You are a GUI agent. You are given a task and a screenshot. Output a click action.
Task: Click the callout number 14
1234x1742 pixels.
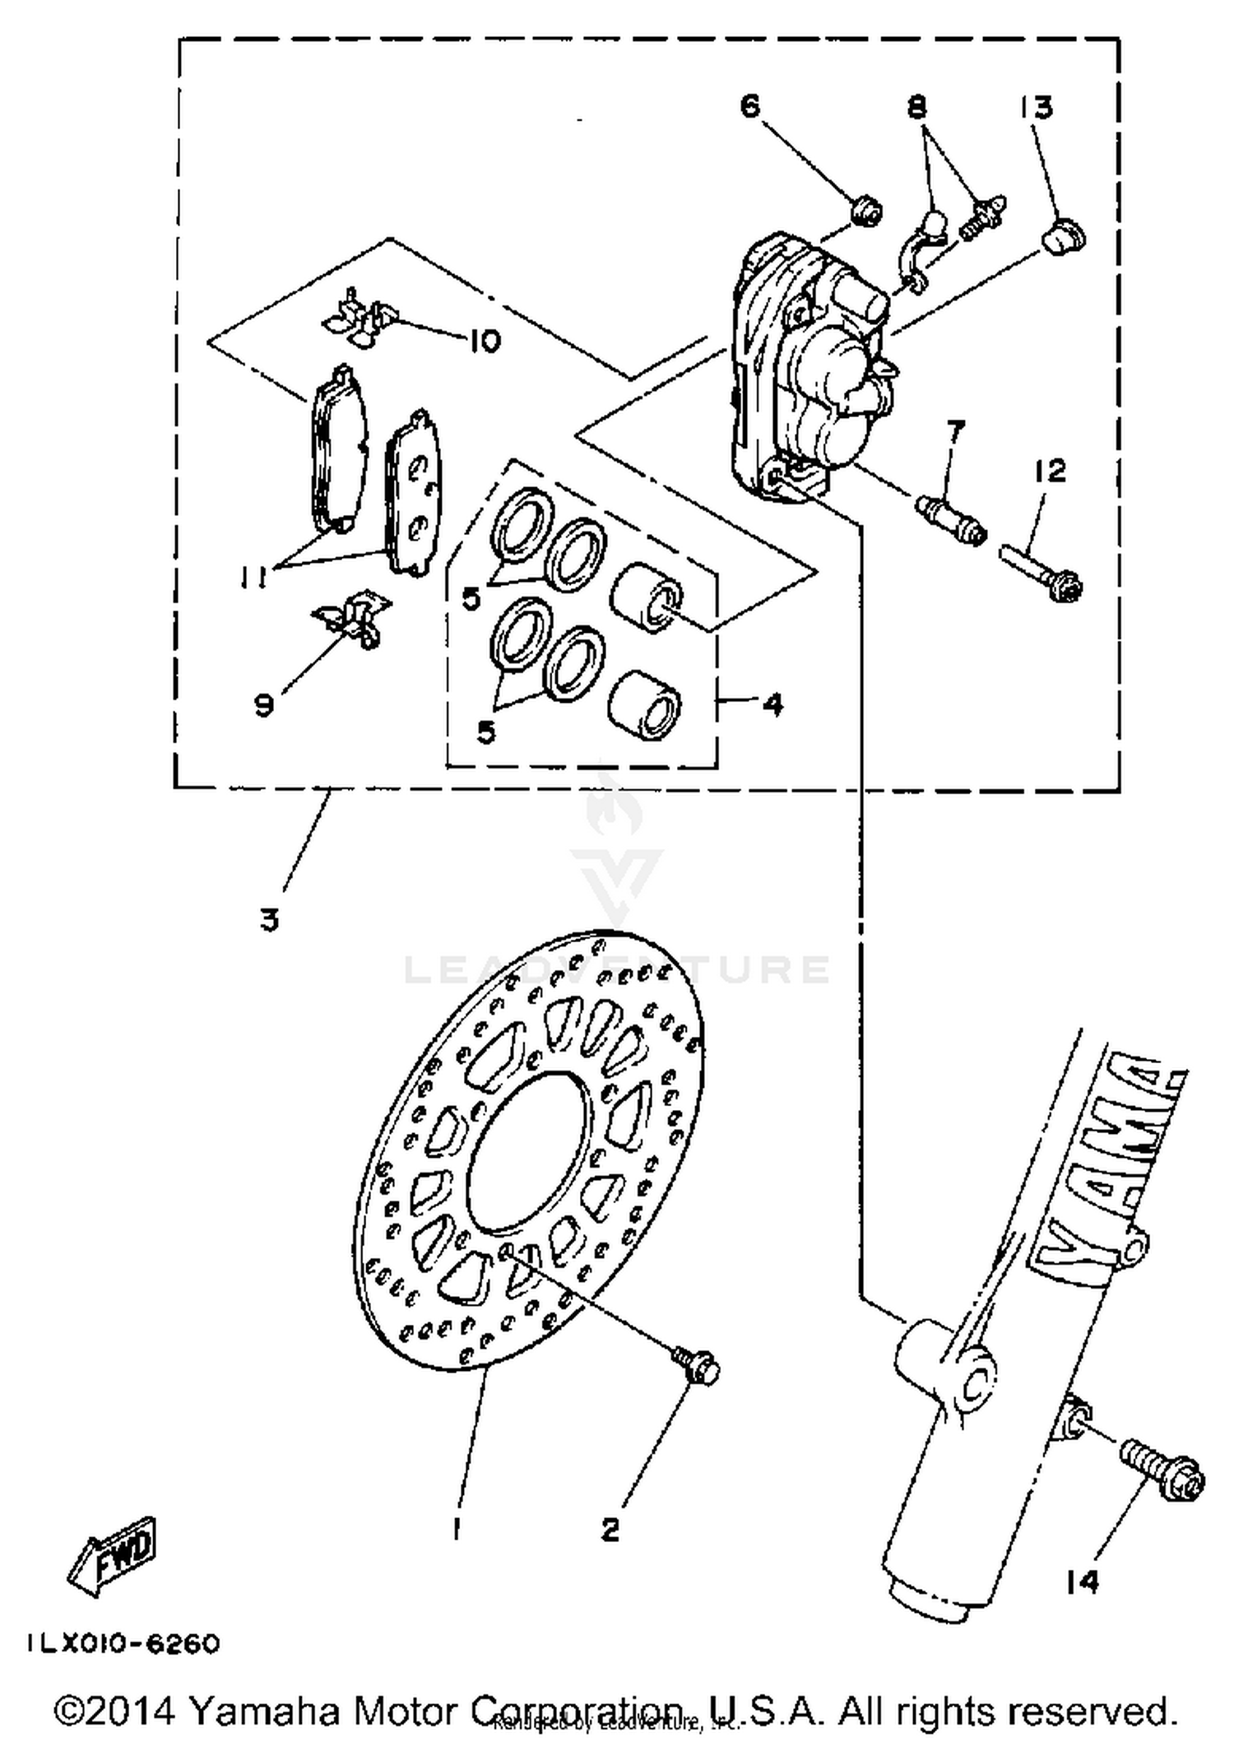point(1082,1581)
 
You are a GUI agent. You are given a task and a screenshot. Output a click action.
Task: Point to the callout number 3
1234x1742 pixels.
point(270,918)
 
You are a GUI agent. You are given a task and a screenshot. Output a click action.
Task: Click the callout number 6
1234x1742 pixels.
point(750,107)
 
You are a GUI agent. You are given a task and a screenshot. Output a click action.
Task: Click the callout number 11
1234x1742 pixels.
point(253,580)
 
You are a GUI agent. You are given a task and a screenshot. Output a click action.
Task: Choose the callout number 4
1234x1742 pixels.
point(772,704)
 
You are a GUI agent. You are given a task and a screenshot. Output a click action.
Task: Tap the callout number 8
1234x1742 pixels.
point(917,107)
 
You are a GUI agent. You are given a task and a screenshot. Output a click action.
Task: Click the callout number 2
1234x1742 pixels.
point(610,1529)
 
